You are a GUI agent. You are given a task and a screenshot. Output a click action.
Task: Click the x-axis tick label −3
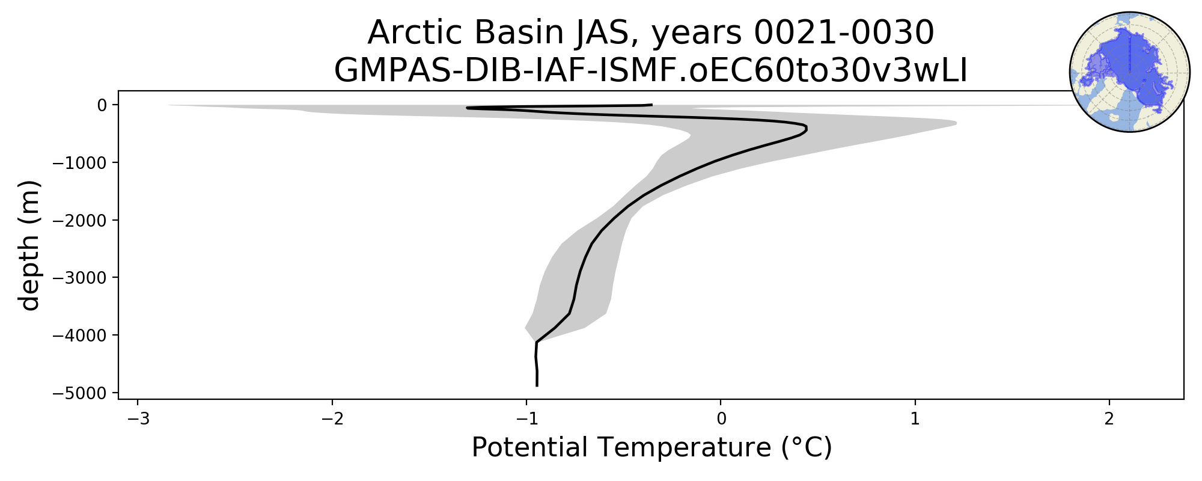click(138, 418)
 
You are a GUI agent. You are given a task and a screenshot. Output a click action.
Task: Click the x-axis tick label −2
click(332, 418)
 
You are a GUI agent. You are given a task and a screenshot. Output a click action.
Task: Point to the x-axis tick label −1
click(526, 418)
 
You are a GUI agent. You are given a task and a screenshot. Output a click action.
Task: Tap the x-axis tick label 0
click(721, 418)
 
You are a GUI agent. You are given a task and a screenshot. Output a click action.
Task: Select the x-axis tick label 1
click(915, 418)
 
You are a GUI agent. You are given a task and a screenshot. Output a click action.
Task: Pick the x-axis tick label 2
click(1109, 418)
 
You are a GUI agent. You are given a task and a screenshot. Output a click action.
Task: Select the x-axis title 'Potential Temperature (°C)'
click(651, 448)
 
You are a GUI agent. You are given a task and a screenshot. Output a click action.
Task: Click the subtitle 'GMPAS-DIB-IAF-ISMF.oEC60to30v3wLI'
click(651, 72)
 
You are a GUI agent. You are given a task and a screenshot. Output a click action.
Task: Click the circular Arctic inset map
click(1129, 72)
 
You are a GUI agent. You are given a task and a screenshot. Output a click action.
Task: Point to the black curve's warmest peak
click(807, 129)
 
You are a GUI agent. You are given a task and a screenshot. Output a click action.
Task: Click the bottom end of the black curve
click(537, 386)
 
